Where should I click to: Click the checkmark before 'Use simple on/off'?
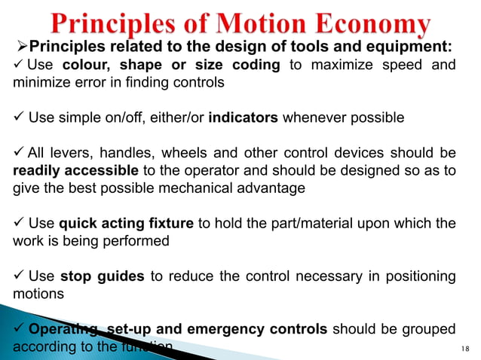(x=20, y=118)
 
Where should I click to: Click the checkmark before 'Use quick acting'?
(x=20, y=223)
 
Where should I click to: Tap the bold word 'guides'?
(x=121, y=276)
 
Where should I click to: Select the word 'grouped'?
(x=427, y=328)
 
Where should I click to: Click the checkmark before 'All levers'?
(x=20, y=153)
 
